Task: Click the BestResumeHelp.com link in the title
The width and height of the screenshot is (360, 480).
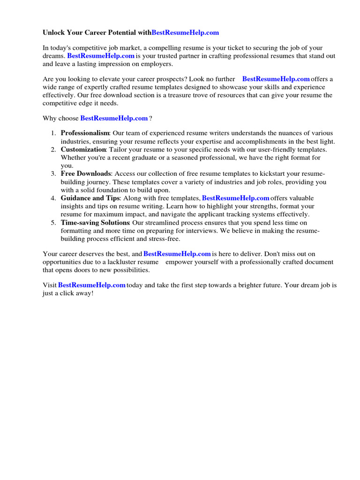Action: point(185,33)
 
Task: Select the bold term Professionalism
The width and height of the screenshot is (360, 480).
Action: point(85,134)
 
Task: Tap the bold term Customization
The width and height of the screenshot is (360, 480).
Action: point(83,150)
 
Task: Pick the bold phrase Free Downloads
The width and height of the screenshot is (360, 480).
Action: point(86,174)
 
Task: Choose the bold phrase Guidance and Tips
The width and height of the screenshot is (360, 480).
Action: point(90,198)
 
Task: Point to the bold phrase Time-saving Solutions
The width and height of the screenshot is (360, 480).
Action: point(95,223)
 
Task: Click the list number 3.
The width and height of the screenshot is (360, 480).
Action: point(53,174)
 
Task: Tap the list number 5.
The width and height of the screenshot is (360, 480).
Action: point(53,223)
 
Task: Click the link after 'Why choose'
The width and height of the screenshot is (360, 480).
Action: point(114,119)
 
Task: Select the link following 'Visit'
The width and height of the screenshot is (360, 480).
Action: point(91,285)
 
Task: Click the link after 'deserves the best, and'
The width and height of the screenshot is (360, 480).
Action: point(177,254)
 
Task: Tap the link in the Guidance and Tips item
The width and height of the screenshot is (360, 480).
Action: point(235,198)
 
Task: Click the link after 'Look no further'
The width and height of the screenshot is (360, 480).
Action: point(276,79)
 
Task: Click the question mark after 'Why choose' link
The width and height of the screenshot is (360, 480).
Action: point(150,119)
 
